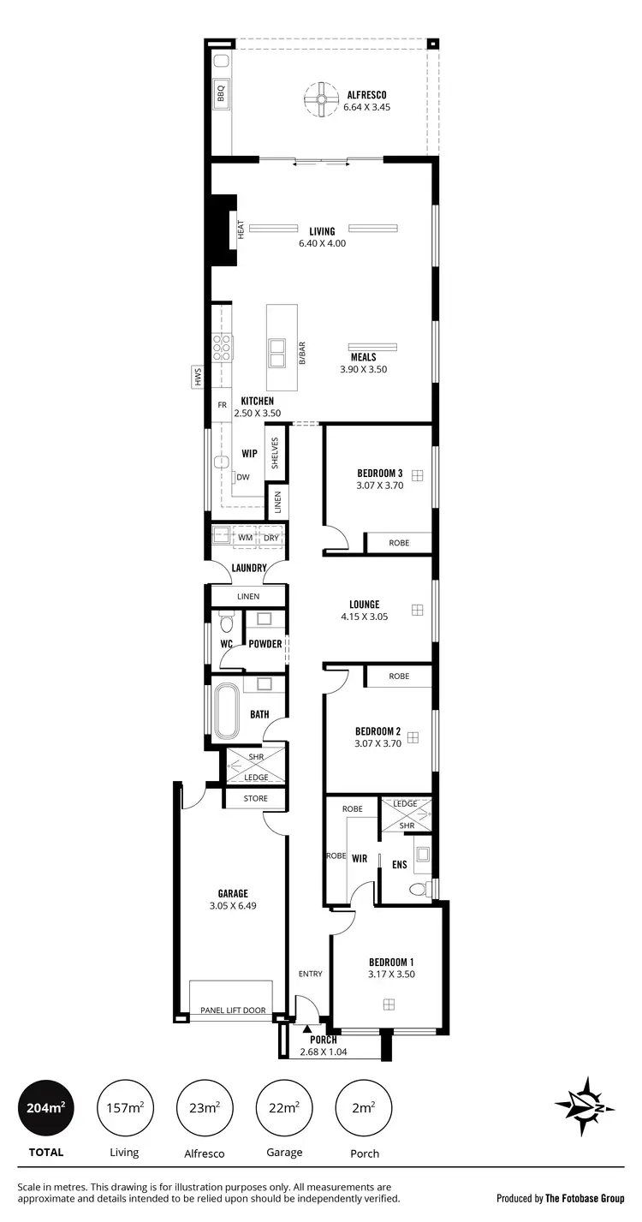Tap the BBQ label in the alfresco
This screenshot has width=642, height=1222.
(220, 91)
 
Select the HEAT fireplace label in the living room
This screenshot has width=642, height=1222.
(241, 229)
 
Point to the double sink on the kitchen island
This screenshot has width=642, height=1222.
(277, 351)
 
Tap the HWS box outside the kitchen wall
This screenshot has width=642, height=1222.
(197, 376)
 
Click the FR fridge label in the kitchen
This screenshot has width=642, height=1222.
(222, 405)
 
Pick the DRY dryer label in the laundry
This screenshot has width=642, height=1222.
(270, 537)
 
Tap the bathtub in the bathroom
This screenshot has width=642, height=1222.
(227, 711)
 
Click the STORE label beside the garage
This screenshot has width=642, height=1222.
(256, 798)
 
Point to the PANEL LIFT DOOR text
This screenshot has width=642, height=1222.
(232, 1011)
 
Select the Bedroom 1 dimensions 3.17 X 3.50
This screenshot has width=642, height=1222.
(391, 974)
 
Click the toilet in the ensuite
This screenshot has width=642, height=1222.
(419, 890)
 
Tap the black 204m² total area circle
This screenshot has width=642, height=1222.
(45, 1108)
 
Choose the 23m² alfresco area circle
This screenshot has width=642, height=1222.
(204, 1108)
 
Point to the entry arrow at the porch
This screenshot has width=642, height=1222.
(306, 1028)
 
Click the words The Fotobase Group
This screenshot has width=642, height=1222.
(585, 1198)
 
